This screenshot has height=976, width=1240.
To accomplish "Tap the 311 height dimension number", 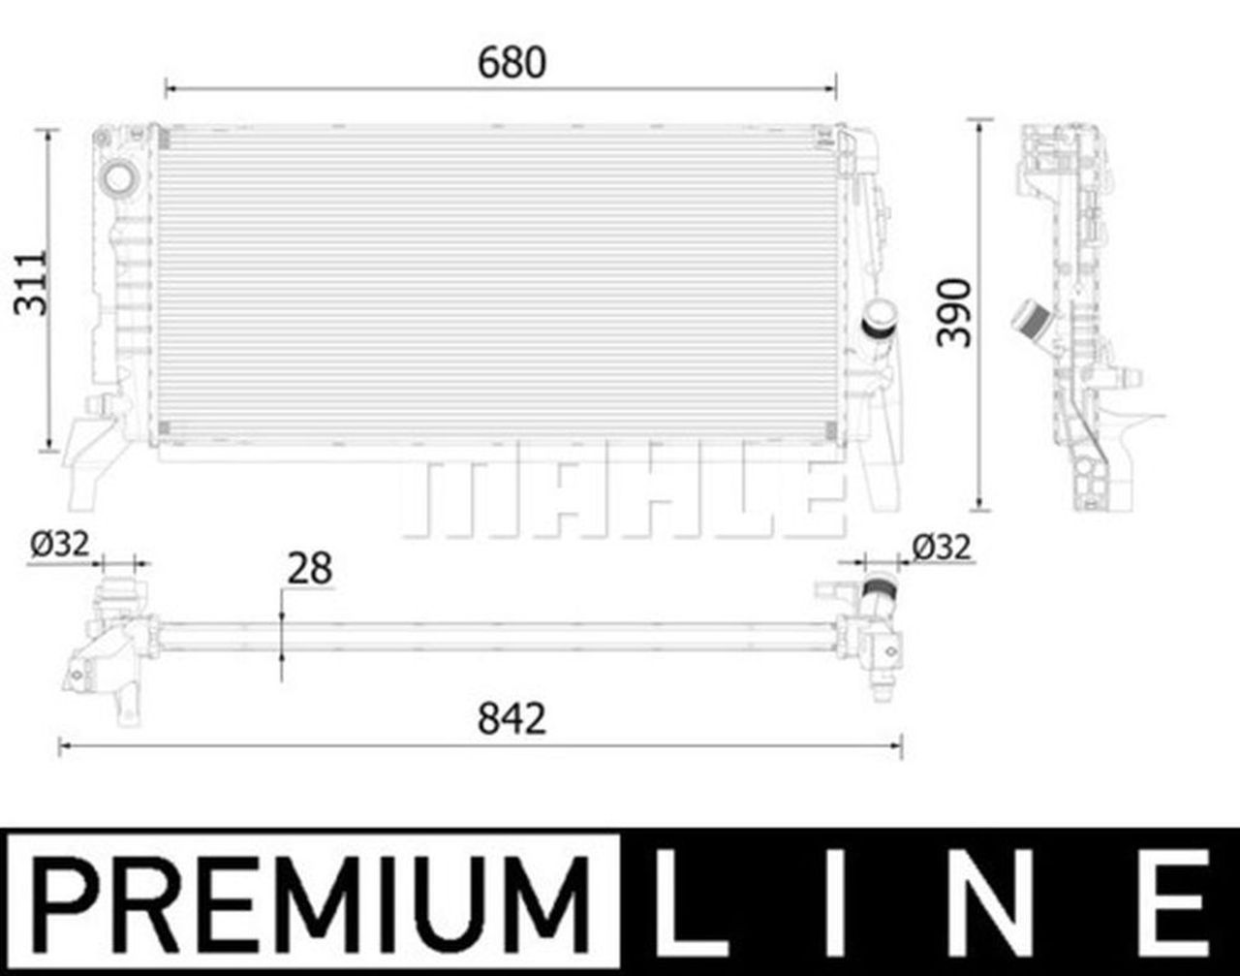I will (33, 282).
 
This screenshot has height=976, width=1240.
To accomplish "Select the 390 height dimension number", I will (954, 311).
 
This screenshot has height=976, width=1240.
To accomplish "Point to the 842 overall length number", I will (511, 718).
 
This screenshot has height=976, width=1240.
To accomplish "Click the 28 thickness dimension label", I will (310, 569).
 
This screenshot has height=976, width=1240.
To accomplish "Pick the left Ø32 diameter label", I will (60, 546).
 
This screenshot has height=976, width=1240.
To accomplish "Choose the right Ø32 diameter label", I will (941, 548).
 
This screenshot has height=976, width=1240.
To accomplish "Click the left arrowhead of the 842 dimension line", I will (64, 745).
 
